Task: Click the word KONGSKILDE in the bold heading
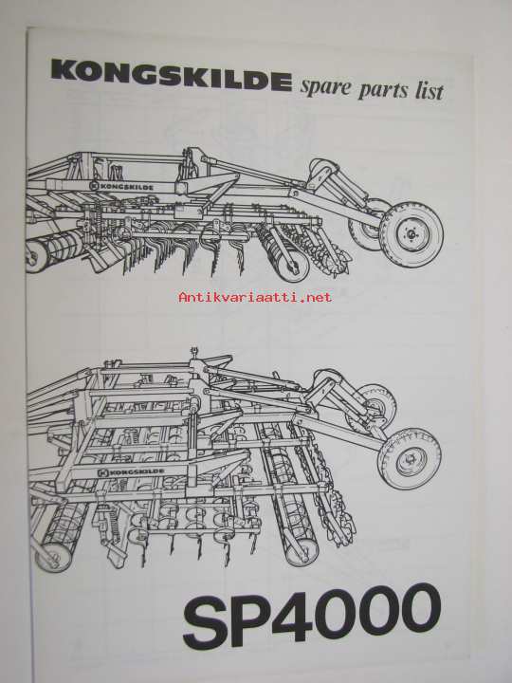(x=172, y=76)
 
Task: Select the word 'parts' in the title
(x=384, y=89)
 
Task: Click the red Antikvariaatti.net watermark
(x=255, y=298)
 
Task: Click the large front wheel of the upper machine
(x=411, y=234)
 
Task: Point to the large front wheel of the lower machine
(x=410, y=459)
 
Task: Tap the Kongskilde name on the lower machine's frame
(x=131, y=471)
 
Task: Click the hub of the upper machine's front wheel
(x=411, y=234)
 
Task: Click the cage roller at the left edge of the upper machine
(x=52, y=250)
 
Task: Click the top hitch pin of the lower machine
(x=194, y=351)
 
